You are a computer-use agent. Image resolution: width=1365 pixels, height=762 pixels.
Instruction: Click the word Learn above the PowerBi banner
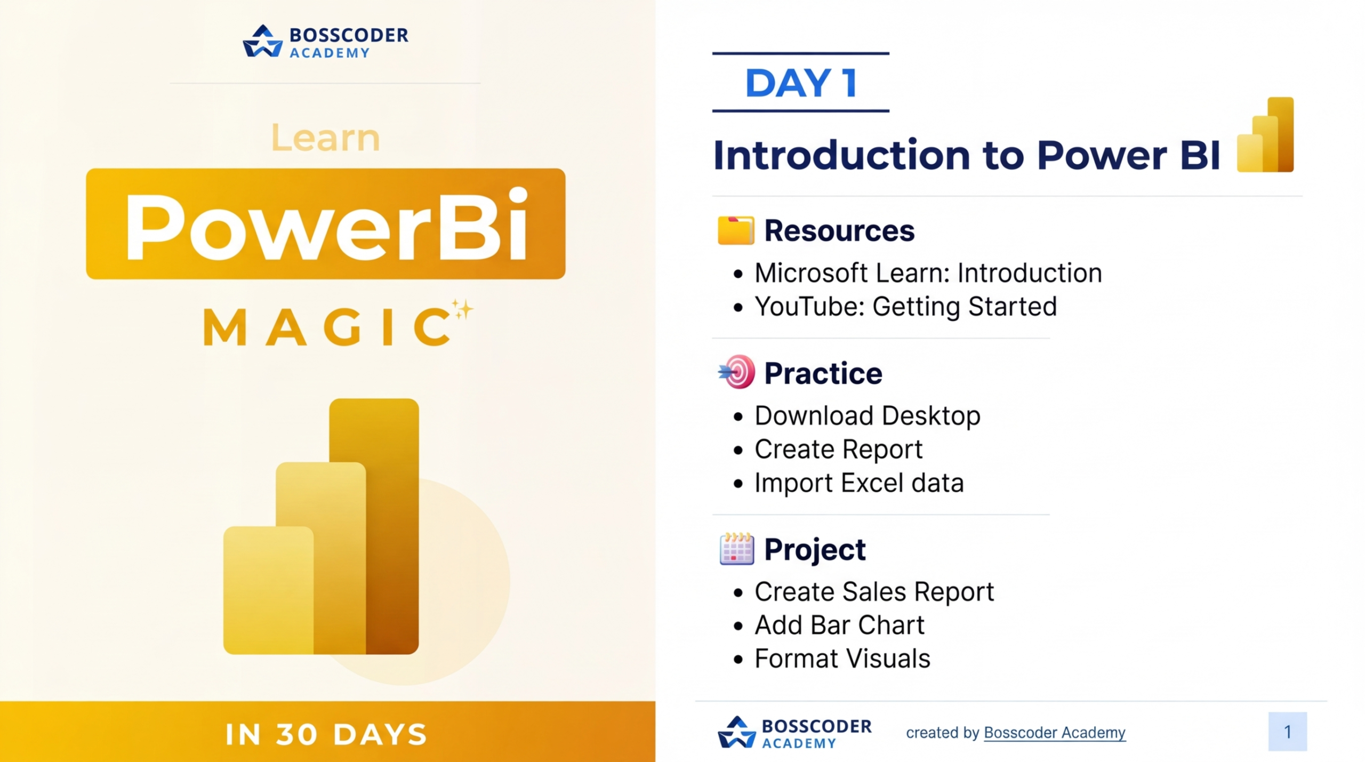point(325,137)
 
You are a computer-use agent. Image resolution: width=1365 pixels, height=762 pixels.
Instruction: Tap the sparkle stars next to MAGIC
point(462,309)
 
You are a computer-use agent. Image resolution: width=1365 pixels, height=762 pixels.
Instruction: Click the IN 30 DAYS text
point(326,734)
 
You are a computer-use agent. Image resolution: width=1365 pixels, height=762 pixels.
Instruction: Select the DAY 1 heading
point(801,83)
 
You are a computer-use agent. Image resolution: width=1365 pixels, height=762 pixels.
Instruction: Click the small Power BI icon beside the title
point(1265,134)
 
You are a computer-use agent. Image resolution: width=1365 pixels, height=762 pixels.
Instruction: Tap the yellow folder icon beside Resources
point(736,230)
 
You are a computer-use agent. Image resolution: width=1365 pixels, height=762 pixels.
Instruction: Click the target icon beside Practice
point(737,372)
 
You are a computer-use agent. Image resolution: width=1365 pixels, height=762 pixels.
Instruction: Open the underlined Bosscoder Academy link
point(1054,733)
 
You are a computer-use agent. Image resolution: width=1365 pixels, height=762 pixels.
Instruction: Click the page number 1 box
point(1287,732)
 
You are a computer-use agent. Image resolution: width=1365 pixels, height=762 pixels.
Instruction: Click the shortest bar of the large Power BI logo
point(268,590)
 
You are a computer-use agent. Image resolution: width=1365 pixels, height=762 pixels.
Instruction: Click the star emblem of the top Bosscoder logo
point(262,41)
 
